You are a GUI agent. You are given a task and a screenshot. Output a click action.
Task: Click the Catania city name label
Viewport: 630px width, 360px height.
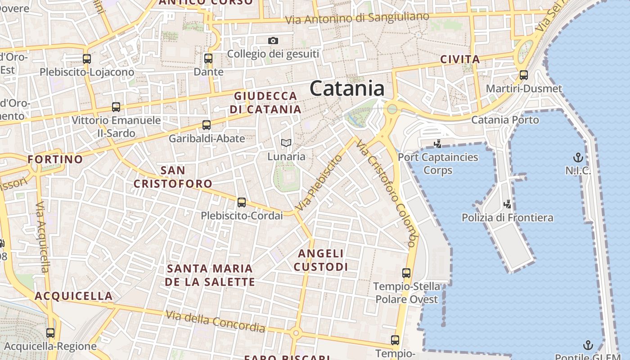pyautogui.click(x=347, y=89)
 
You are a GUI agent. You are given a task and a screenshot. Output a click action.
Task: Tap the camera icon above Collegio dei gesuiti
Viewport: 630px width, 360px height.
pyautogui.click(x=273, y=41)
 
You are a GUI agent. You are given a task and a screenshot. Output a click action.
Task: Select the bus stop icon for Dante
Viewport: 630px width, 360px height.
pyautogui.click(x=208, y=58)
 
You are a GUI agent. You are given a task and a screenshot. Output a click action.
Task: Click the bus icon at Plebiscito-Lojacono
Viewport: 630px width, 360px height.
pyautogui.click(x=87, y=58)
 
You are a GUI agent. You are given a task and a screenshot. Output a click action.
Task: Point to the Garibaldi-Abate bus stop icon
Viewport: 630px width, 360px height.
pyautogui.click(x=206, y=125)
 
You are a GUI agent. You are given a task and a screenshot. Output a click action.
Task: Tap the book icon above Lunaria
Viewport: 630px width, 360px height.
pyautogui.click(x=286, y=144)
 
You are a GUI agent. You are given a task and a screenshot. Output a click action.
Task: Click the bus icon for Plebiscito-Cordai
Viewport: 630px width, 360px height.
pyautogui.click(x=242, y=202)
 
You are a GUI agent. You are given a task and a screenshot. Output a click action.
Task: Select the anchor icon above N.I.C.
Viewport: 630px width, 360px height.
pyautogui.click(x=578, y=157)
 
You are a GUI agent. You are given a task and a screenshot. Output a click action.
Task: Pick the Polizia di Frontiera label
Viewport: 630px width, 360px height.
pyautogui.click(x=507, y=218)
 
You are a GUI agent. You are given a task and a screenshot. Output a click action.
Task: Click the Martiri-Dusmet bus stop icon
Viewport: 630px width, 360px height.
pyautogui.click(x=523, y=75)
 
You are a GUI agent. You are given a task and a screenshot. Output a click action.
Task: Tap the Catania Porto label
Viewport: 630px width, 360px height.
pyautogui.click(x=504, y=120)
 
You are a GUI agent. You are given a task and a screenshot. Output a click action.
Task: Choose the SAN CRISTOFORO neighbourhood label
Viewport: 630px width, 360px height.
pyautogui.click(x=173, y=177)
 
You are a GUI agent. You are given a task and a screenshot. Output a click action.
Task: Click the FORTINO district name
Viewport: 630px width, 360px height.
pyautogui.click(x=55, y=159)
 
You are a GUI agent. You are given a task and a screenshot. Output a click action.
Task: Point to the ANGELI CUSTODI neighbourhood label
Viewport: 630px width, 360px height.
pyautogui.click(x=321, y=260)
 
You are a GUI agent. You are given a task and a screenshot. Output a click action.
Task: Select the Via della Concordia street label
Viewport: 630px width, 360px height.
pyautogui.click(x=215, y=321)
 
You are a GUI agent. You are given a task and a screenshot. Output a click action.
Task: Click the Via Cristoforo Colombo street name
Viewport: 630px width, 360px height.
pyautogui.click(x=385, y=193)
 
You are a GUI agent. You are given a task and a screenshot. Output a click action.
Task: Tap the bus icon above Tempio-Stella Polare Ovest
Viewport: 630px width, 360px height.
pyautogui.click(x=406, y=273)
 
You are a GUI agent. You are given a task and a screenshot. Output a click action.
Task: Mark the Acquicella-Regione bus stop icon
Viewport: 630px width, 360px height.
pyautogui.click(x=50, y=333)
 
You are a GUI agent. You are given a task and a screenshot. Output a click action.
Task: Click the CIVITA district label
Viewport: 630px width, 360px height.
pyautogui.click(x=460, y=59)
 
